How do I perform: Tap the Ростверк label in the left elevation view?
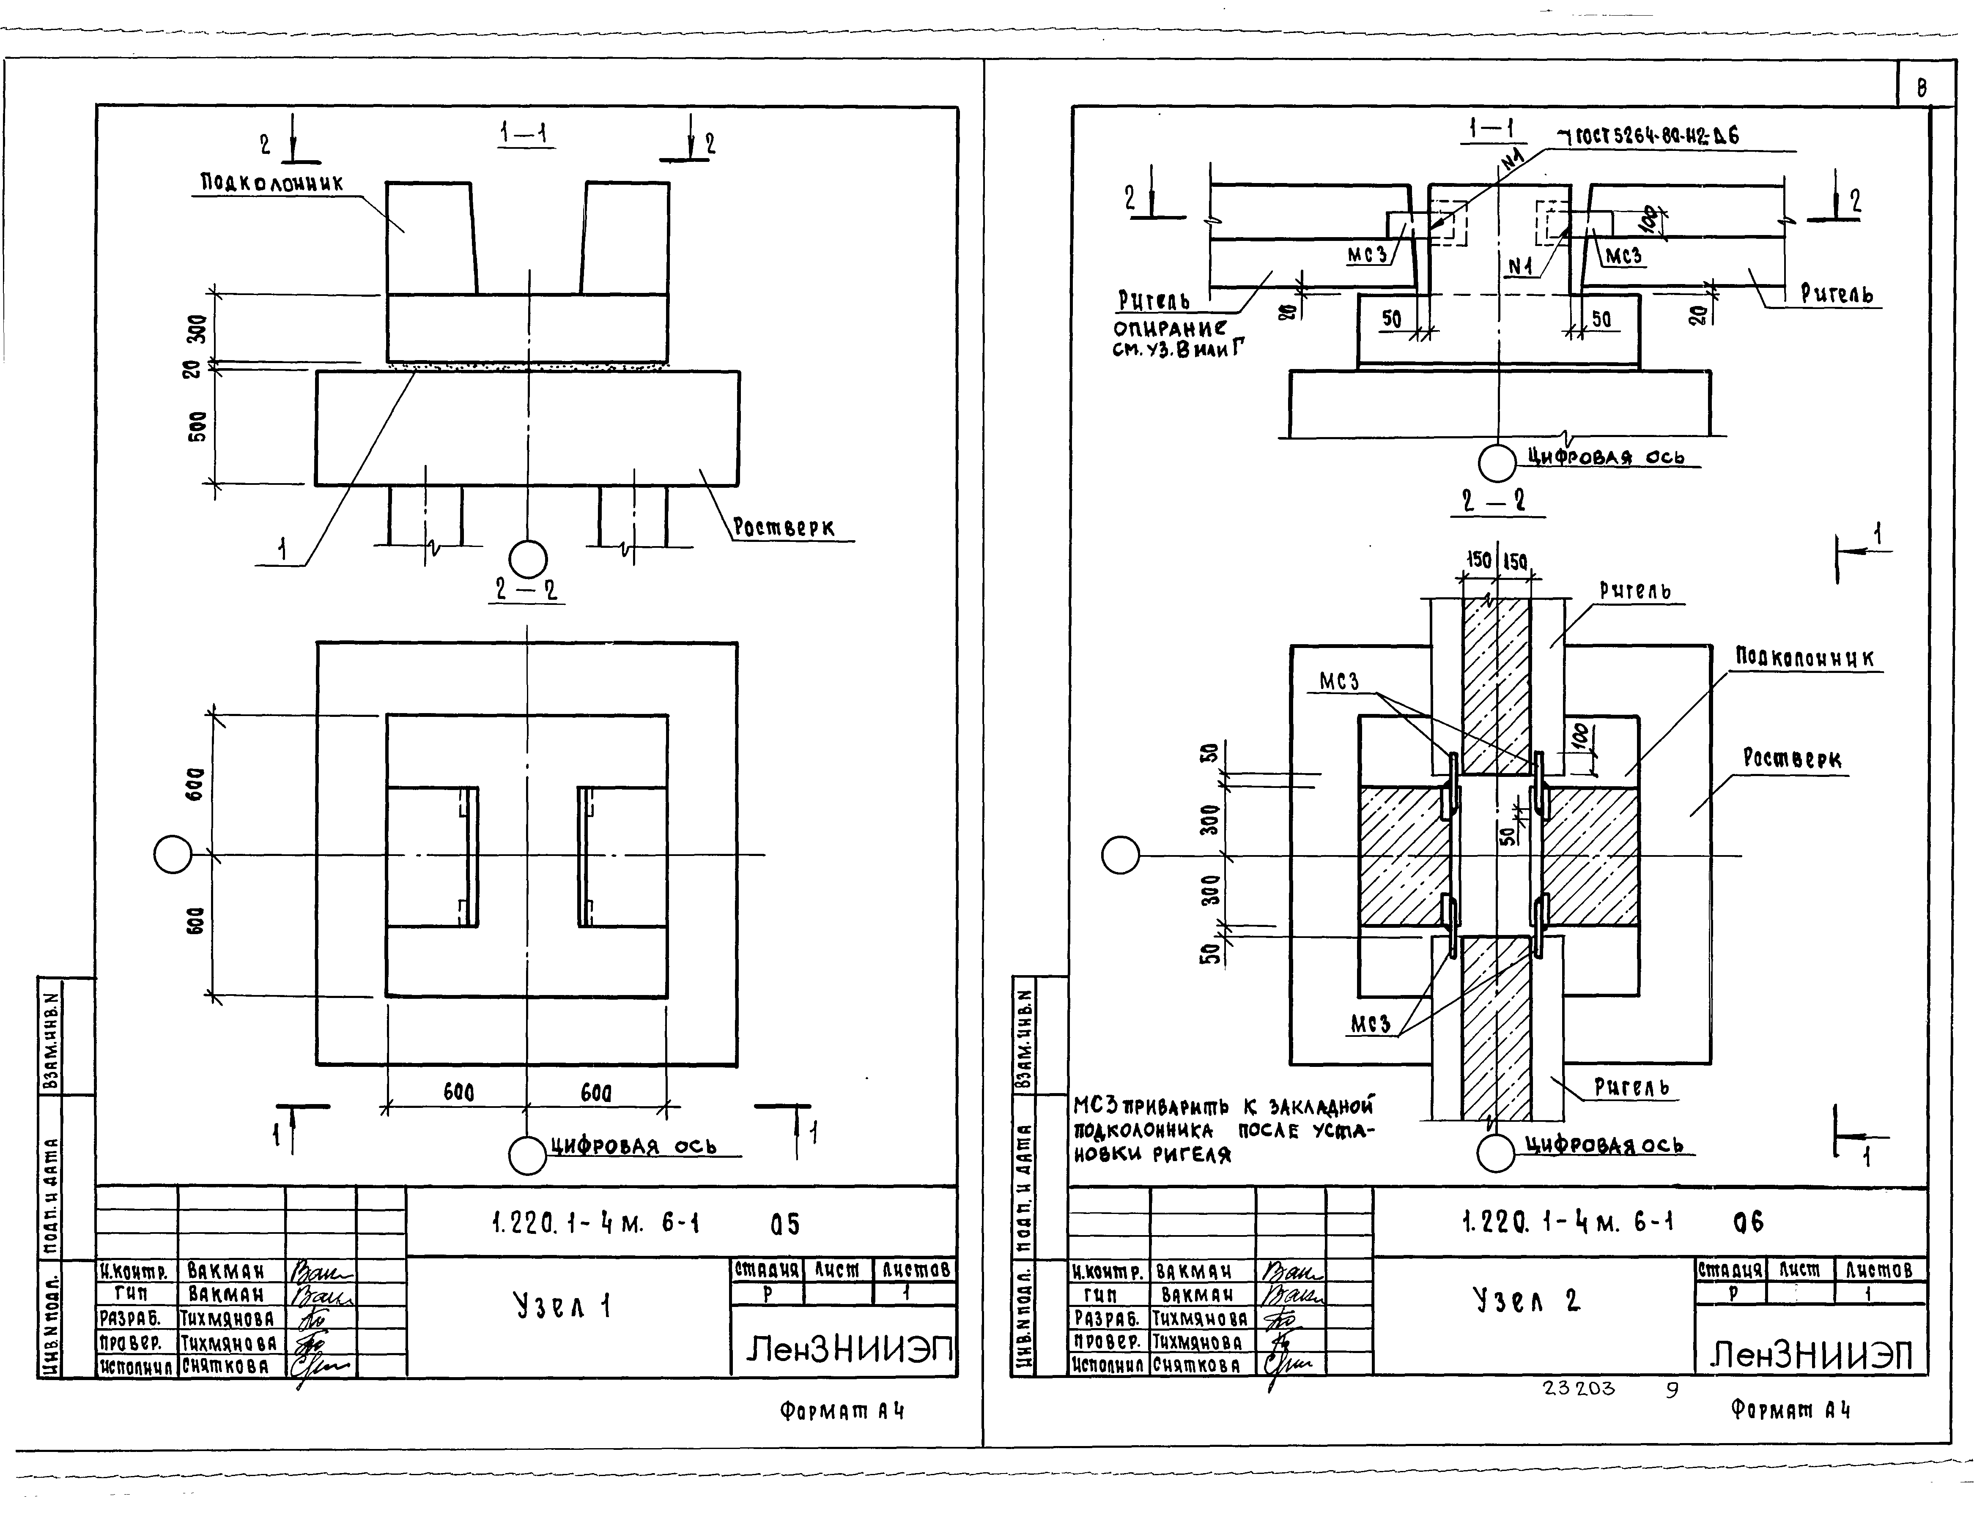coord(783,528)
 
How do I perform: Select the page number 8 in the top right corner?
coord(1921,87)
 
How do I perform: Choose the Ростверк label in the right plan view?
coord(1791,759)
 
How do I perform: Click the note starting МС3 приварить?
coord(1223,1129)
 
